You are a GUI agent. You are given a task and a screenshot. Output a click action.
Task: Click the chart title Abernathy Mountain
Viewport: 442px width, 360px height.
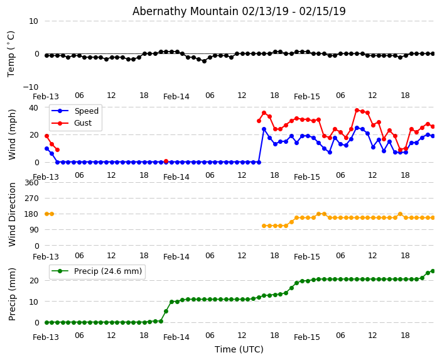click(239, 11)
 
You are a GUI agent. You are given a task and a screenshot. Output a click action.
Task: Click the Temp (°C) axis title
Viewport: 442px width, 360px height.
click(11, 53)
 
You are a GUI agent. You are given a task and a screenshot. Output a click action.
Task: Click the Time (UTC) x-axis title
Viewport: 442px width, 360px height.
click(239, 349)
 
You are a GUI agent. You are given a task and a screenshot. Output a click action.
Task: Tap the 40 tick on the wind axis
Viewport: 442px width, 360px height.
click(33, 107)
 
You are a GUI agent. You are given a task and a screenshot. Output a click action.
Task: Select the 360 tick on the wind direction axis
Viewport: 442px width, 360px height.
click(31, 183)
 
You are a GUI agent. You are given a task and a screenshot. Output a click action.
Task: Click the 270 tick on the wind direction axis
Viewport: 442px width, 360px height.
click(31, 199)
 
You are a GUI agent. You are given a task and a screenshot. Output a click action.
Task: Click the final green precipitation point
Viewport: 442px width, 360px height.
click(433, 271)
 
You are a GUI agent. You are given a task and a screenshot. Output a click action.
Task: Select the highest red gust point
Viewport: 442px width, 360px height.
click(357, 110)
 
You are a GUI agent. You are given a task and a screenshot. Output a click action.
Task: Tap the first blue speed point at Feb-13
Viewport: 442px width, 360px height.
click(46, 148)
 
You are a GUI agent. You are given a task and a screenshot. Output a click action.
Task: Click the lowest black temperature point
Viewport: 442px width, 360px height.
click(204, 61)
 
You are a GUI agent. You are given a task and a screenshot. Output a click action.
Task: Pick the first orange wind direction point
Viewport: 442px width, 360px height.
click(46, 214)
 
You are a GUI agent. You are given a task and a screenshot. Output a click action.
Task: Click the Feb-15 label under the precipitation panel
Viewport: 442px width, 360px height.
click(307, 337)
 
